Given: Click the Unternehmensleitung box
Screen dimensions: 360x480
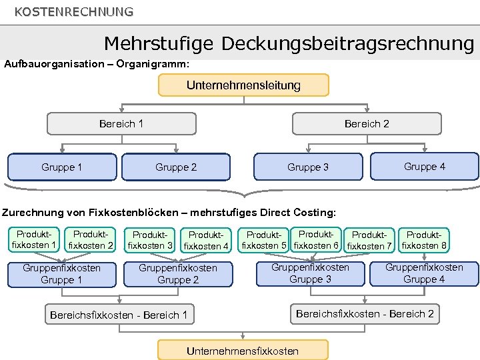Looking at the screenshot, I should [x=243, y=85].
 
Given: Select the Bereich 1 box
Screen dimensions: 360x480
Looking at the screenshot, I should [x=121, y=123].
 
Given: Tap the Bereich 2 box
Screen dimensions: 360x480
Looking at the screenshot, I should [x=367, y=123].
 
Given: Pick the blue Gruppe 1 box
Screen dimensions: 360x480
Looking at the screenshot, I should [x=61, y=167].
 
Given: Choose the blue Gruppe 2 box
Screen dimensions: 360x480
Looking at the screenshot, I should [x=176, y=167].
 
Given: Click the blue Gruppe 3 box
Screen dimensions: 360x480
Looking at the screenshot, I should [x=307, y=167].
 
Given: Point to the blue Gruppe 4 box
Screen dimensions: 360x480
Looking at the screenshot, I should [x=425, y=166].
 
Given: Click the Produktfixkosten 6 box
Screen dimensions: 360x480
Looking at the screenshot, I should [x=316, y=239].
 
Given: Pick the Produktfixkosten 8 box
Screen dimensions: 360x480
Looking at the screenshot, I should [x=424, y=240].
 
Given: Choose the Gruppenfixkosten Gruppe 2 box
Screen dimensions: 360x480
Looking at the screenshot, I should [x=177, y=273].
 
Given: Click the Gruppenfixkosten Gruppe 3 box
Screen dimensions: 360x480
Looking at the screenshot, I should [x=310, y=273].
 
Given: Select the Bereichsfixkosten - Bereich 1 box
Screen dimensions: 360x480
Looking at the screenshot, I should [x=119, y=314].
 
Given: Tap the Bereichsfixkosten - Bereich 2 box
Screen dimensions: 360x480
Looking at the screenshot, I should [x=365, y=313].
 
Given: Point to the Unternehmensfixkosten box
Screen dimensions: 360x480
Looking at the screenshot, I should [x=243, y=350].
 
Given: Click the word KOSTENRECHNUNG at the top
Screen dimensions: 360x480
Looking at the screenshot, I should [x=73, y=12].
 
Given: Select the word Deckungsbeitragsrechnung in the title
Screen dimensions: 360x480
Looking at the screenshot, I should [x=347, y=44].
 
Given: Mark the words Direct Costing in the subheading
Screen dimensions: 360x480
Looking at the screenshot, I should [x=299, y=213].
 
